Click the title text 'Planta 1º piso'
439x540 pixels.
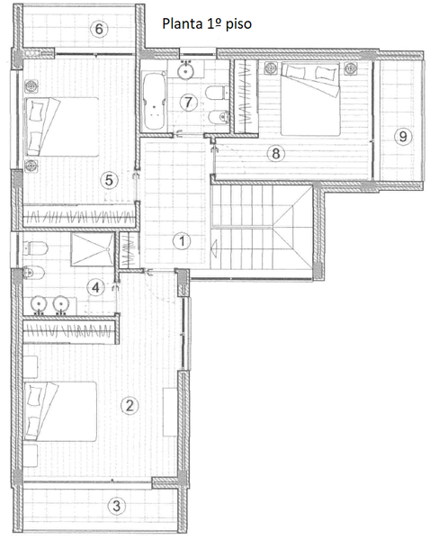206,24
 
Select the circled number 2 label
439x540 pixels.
130,405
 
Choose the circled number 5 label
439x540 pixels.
109,180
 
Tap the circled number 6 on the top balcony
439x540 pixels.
101,29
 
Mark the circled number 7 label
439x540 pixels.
187,102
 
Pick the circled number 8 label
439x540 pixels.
277,153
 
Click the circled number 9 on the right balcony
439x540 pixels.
404,136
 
